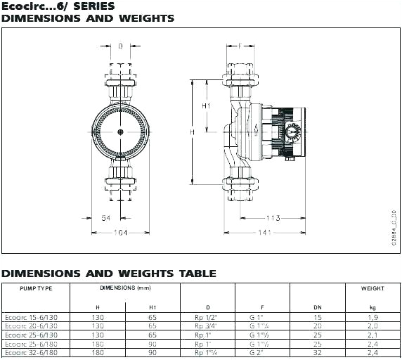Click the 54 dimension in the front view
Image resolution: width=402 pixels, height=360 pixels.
[x=106, y=219]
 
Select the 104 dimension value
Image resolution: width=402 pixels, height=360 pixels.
[x=120, y=231]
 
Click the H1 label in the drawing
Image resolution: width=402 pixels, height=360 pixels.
[x=206, y=105]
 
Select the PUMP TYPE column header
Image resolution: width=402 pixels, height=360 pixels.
[x=37, y=288]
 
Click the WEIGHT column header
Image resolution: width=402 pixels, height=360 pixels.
[x=372, y=288]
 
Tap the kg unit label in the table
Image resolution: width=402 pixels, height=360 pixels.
[x=372, y=307]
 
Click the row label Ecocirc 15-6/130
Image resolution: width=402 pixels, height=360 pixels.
[x=32, y=318]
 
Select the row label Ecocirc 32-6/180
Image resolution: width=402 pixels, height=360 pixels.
[x=32, y=352]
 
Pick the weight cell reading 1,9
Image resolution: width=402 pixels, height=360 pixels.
[x=372, y=318]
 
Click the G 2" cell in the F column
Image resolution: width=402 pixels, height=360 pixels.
[x=257, y=352]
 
